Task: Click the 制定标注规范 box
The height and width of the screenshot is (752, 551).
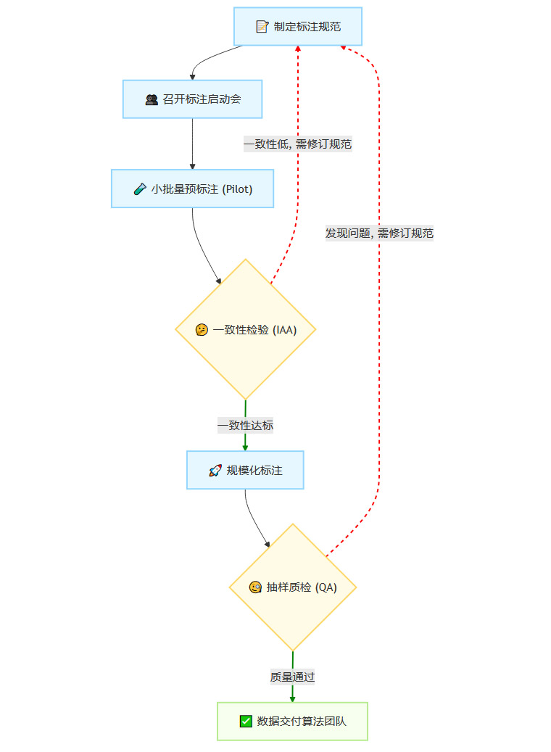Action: tap(297, 27)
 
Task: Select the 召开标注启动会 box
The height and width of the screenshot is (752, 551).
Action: tap(192, 99)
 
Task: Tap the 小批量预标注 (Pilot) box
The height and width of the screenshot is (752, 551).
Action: tap(192, 189)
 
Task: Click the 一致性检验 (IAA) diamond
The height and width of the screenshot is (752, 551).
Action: tap(246, 329)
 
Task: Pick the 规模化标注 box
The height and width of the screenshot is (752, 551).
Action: tap(245, 470)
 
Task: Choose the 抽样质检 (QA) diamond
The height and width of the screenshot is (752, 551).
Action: tap(293, 587)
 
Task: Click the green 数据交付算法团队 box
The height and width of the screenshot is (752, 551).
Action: tap(292, 721)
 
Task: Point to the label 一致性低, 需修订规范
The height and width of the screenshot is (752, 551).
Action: tap(298, 144)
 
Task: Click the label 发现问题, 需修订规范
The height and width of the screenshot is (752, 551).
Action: tap(379, 233)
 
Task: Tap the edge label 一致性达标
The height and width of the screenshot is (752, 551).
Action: tap(246, 426)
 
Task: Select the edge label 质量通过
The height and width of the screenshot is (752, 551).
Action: tap(293, 676)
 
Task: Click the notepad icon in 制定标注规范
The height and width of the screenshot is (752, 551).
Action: tap(262, 27)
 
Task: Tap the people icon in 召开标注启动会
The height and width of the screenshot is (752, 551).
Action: tap(152, 99)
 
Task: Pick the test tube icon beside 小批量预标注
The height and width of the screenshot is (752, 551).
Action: tap(140, 189)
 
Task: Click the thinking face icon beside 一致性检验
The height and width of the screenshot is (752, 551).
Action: tap(202, 329)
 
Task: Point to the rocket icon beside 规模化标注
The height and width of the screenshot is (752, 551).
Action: tap(215, 471)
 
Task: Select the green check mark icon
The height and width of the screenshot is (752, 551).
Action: tap(246, 721)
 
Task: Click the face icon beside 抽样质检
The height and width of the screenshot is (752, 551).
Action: tap(254, 587)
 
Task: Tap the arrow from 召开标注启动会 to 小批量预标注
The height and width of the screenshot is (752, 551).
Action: tap(192, 144)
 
